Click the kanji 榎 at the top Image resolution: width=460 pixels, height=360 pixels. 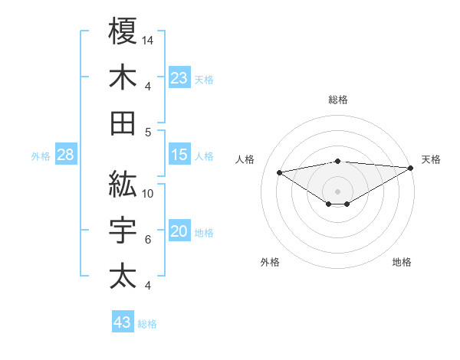(123, 31)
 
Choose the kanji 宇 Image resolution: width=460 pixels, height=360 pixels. (123, 231)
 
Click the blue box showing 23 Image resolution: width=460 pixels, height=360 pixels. (179, 77)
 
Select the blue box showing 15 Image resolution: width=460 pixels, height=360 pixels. (179, 155)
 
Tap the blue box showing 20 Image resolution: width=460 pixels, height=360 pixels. (179, 231)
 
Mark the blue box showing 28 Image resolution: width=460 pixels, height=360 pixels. (66, 155)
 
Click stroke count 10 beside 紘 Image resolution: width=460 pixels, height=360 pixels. (148, 194)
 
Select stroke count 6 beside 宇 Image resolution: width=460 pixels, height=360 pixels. (147, 240)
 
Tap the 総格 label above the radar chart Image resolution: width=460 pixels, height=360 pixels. (337, 100)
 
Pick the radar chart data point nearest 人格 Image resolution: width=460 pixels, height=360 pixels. (280, 172)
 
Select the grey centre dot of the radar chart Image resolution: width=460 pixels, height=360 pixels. (337, 190)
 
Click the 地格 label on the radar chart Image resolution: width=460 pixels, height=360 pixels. (402, 262)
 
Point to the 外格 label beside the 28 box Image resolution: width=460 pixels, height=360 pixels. (41, 156)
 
